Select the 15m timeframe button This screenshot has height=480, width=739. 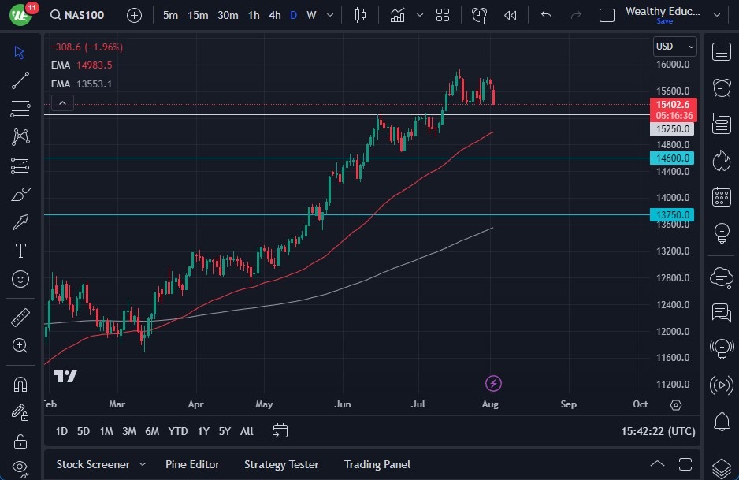(x=198, y=15)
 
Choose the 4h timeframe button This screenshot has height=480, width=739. (x=274, y=15)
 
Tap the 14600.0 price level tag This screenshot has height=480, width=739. (x=671, y=158)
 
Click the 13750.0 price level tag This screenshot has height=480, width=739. (x=671, y=214)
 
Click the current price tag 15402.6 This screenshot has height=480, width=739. (x=672, y=105)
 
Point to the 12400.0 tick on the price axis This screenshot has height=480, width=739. (x=674, y=304)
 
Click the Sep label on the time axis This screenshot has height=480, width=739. (x=568, y=404)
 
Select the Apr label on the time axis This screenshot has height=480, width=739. (x=196, y=404)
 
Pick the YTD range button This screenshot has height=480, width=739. (x=178, y=431)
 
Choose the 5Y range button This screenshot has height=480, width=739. (x=225, y=431)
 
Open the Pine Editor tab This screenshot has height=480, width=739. (x=192, y=464)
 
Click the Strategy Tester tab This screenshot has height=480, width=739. (x=281, y=464)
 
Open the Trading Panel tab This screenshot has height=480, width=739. (x=377, y=464)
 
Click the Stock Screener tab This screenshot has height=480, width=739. (x=92, y=464)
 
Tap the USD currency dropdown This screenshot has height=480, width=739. (x=675, y=47)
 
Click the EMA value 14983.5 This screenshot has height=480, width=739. (x=95, y=65)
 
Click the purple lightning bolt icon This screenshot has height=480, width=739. (x=493, y=384)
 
